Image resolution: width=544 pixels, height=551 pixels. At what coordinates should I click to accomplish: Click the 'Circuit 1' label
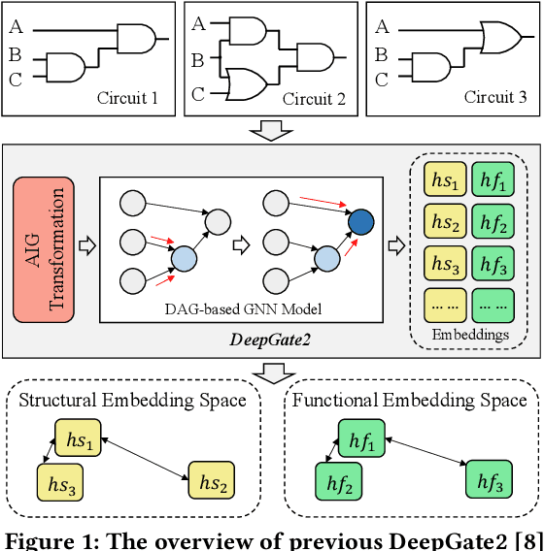128,97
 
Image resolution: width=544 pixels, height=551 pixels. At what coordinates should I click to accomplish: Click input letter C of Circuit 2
198,95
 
